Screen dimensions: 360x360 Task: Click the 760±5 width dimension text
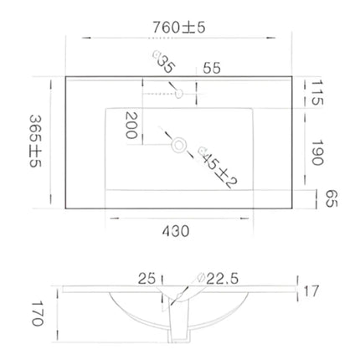180,27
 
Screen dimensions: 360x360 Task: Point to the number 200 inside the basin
131,126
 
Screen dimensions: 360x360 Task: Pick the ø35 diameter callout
162,63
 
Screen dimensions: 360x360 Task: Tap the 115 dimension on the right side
316,91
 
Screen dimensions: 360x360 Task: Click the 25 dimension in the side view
148,277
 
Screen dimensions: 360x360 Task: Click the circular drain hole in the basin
177,146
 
